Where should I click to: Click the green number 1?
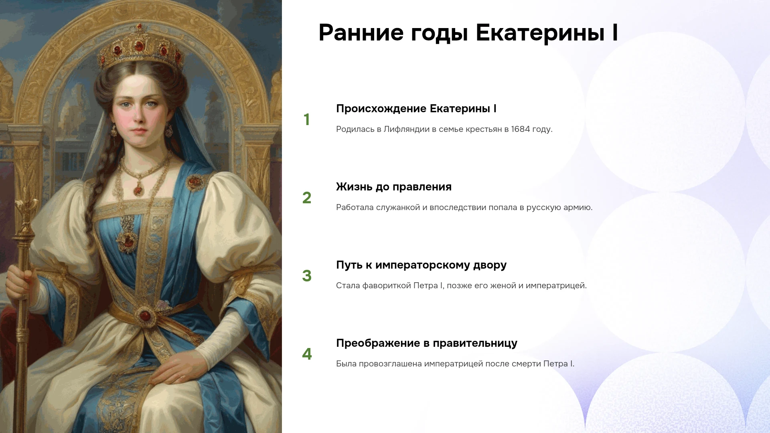pyautogui.click(x=307, y=119)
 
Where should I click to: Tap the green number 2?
pyautogui.click(x=307, y=198)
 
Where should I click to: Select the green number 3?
pyautogui.click(x=307, y=276)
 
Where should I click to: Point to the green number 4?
pyautogui.click(x=307, y=354)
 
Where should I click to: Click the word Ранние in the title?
pyautogui.click(x=361, y=32)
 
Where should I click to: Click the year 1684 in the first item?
pyautogui.click(x=521, y=129)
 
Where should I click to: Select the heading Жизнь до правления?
pyautogui.click(x=394, y=187)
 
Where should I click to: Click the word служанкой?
pyautogui.click(x=398, y=208)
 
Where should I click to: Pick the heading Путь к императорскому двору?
pyautogui.click(x=421, y=265)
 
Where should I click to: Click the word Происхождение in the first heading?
pyautogui.click(x=381, y=109)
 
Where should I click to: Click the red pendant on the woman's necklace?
pyautogui.click(x=138, y=189)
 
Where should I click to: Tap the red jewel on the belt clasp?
pyautogui.click(x=145, y=316)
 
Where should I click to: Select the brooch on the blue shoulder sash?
pyautogui.click(x=195, y=182)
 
